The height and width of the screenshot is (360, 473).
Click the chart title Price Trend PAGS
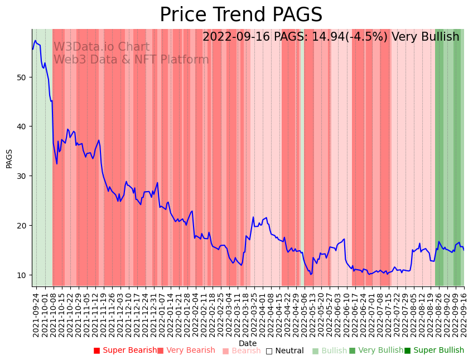coord(241,15)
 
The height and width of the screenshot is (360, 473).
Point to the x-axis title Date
coord(248,343)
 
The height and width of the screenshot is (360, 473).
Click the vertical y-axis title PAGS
coord(9,158)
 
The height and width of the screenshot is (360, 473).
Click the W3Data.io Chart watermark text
coord(101,47)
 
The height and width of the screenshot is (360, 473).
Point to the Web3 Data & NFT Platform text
coord(131,60)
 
